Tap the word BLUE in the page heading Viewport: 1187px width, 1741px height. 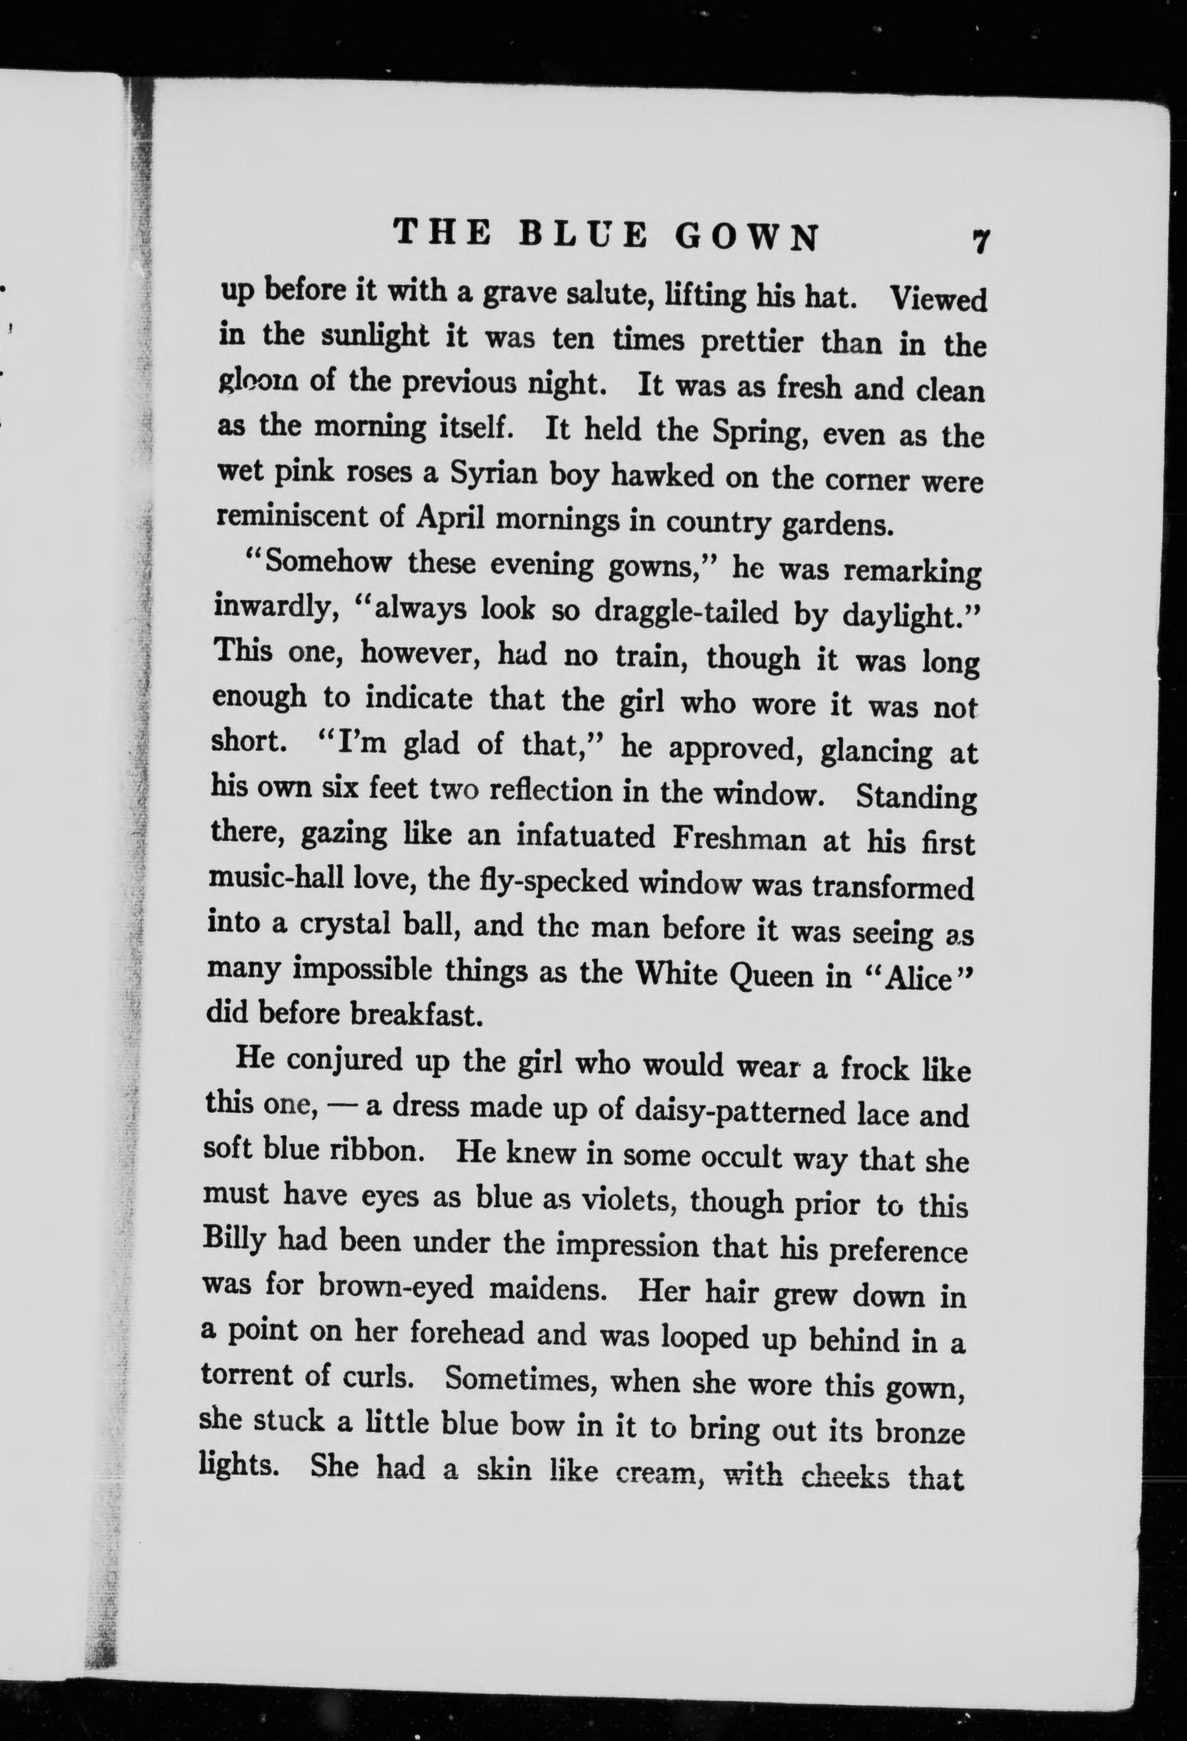pyautogui.click(x=581, y=234)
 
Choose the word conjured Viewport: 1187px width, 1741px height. pyautogui.click(x=341, y=1060)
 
